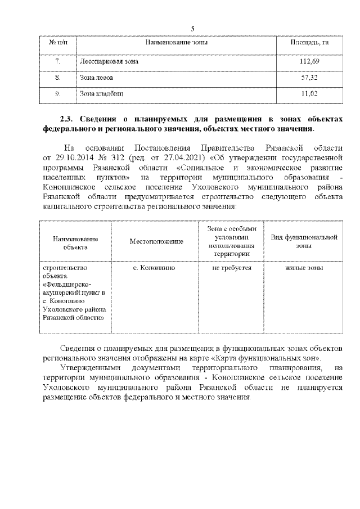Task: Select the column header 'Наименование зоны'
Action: point(177,43)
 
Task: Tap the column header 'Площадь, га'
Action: point(309,43)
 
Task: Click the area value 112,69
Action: point(309,61)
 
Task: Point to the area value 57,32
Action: point(309,78)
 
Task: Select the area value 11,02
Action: point(309,94)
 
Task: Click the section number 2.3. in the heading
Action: point(67,119)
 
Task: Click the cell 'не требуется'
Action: point(227,268)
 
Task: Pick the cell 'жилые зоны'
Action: point(304,268)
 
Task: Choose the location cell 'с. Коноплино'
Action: point(154,268)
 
